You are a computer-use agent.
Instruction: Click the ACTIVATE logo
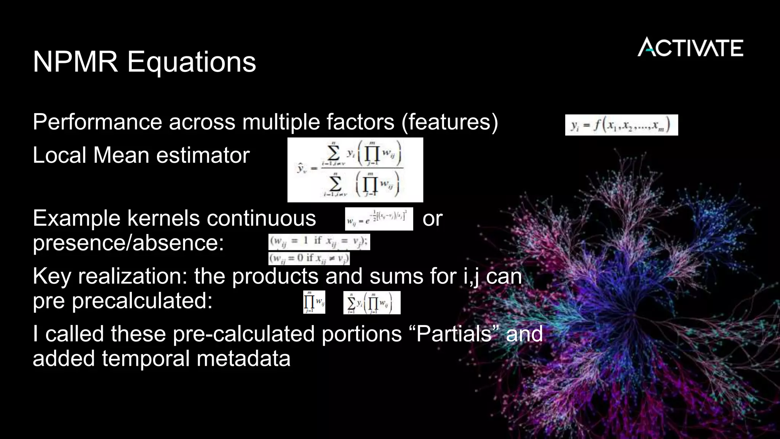(690, 47)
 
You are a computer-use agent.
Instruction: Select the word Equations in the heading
(191, 62)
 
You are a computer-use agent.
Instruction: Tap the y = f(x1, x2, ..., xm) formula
(621, 125)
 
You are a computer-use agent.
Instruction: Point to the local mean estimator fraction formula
(355, 170)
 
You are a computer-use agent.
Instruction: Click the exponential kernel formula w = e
(379, 219)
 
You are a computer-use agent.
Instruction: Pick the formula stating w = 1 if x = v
(319, 242)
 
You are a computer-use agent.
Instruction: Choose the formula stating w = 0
(309, 258)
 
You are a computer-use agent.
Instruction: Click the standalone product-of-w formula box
(314, 303)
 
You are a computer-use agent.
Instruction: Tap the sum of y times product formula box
(372, 303)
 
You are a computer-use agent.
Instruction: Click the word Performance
(97, 122)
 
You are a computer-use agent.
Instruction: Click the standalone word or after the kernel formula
(432, 219)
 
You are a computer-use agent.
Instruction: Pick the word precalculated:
(142, 301)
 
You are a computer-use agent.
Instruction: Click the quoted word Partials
(457, 334)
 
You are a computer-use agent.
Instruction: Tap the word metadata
(243, 359)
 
